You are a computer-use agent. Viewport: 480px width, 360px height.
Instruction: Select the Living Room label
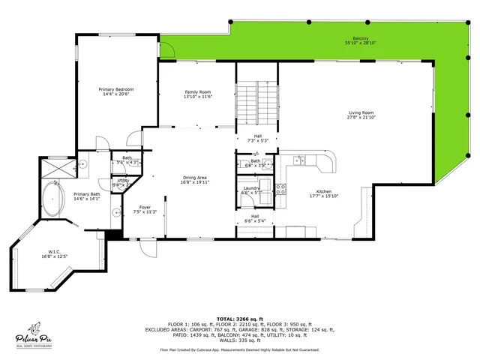[360, 114]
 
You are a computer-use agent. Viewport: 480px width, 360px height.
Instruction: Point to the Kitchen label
[325, 193]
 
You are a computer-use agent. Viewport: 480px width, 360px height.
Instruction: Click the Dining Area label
[194, 179]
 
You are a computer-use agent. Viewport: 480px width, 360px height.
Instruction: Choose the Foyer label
[145, 209]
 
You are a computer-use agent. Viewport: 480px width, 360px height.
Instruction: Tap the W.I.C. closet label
[55, 253]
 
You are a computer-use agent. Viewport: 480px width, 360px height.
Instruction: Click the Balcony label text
[360, 40]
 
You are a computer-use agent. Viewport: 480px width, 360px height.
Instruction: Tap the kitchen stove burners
[283, 190]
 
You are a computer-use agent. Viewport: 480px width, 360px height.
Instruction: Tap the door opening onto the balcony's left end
[166, 50]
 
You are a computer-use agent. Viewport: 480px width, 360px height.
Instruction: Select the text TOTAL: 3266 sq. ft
[240, 319]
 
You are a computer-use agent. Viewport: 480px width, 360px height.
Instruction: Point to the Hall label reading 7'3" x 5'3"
[257, 138]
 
